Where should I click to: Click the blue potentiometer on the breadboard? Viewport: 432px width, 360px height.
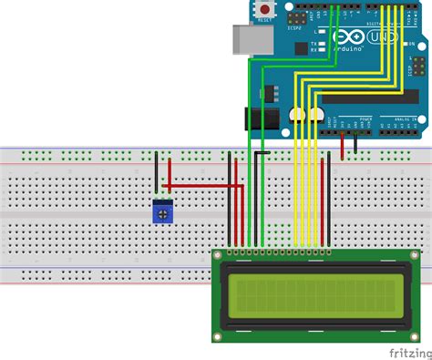tap(163, 212)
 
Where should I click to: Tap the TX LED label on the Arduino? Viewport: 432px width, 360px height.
tap(313, 44)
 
